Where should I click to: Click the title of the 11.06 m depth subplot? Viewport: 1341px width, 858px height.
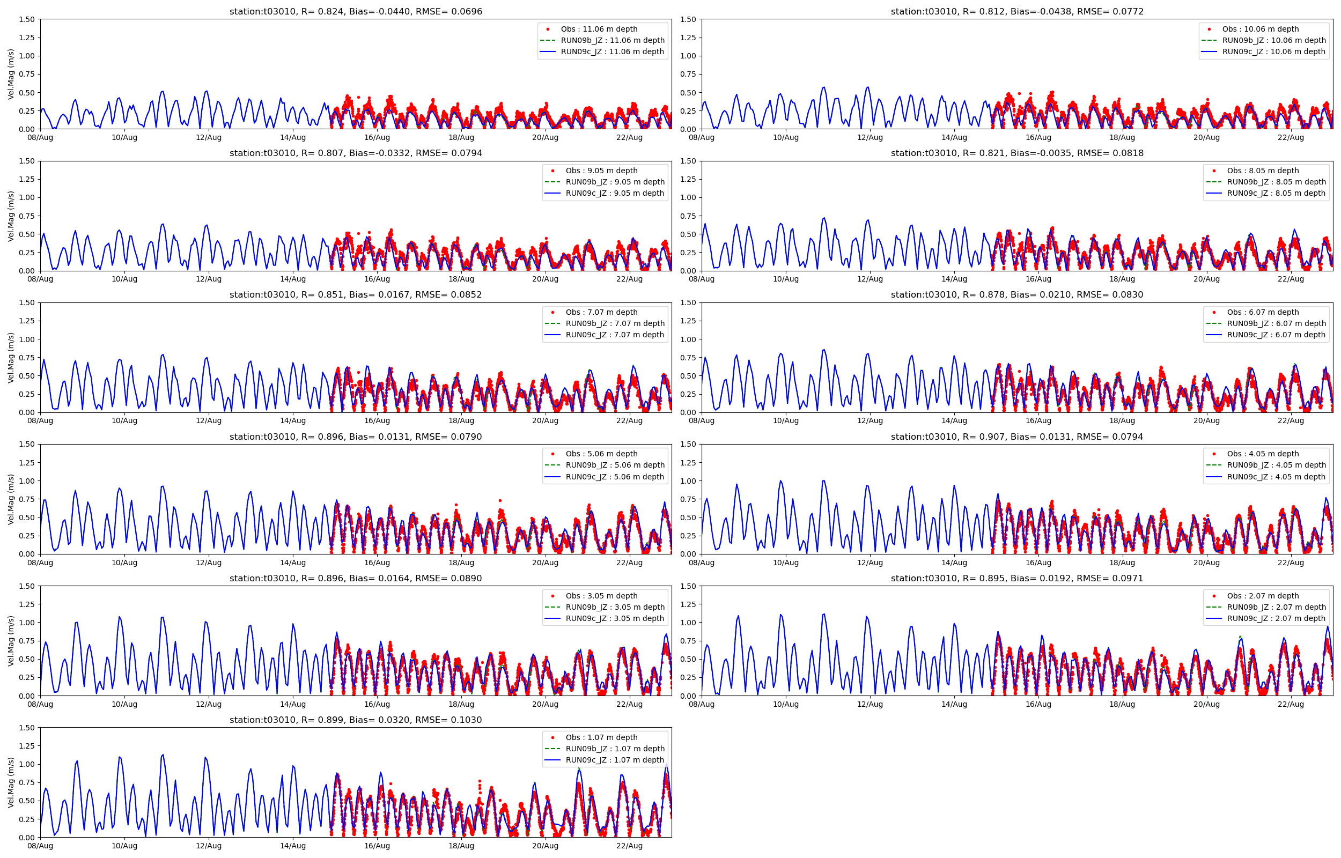356,11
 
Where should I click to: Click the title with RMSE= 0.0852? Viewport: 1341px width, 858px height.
356,295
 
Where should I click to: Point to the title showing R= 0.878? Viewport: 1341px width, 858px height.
1017,295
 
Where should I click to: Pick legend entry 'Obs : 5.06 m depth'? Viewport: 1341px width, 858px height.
601,454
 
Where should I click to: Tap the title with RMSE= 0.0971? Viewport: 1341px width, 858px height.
1017,578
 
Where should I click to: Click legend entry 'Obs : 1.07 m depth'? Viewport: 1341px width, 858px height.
601,737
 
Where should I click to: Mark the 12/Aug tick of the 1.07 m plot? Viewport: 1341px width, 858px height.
208,846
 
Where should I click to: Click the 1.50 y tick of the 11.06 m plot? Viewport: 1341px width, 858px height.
27,19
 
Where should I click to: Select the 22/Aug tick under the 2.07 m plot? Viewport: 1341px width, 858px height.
1290,704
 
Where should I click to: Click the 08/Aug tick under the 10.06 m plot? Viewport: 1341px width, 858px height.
702,138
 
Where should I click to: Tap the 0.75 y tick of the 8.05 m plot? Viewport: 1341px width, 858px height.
688,216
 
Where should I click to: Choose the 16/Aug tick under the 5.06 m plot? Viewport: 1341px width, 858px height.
377,563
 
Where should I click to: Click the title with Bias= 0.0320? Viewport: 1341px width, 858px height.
356,720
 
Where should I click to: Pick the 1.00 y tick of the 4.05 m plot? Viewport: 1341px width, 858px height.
688,481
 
